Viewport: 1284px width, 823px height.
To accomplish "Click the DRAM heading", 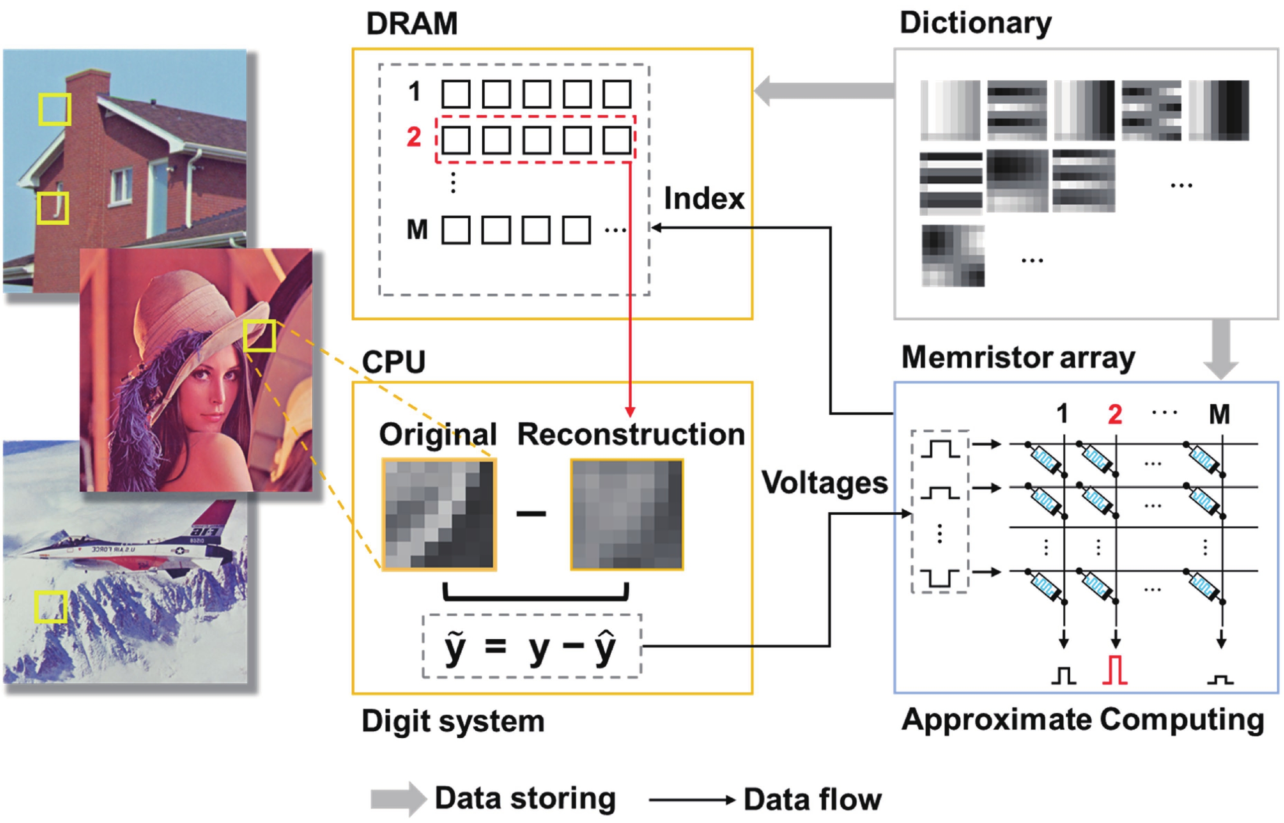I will click(x=412, y=24).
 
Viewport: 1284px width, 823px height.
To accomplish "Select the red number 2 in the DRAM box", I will click(x=413, y=137).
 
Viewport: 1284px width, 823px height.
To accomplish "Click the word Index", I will click(x=704, y=199).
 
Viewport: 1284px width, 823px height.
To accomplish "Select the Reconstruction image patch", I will click(x=627, y=515).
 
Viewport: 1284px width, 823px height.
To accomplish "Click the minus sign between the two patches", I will click(x=531, y=514).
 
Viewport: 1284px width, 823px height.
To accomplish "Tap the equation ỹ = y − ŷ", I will click(x=531, y=647).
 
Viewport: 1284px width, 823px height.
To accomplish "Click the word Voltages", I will click(x=824, y=482).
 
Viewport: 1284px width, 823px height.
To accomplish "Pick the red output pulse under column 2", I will click(x=1114, y=671).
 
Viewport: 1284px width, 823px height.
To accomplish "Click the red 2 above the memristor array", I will click(x=1114, y=414).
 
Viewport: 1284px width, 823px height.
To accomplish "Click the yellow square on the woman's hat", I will click(x=260, y=336).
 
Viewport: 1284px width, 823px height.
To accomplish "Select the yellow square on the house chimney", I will click(x=55, y=110).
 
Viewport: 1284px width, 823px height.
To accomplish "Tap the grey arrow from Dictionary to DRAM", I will click(x=823, y=91).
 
